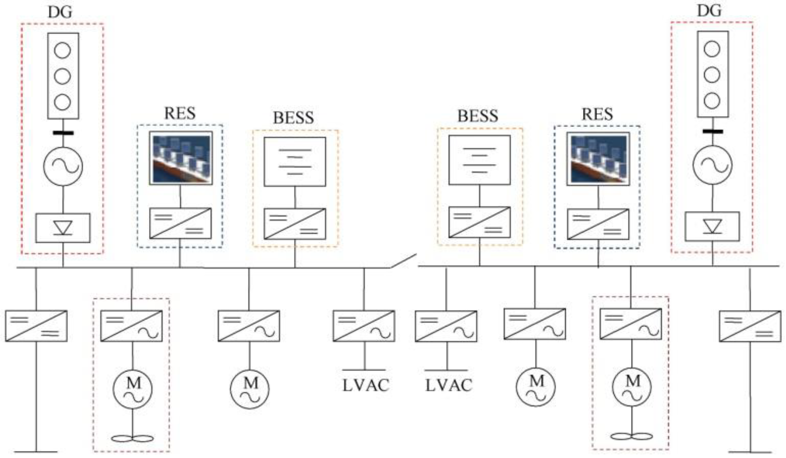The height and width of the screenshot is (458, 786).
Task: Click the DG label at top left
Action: coord(60,12)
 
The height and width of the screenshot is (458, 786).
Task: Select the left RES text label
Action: coord(180,113)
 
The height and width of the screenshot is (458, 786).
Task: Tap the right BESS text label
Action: coord(477,116)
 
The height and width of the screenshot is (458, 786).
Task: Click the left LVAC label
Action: coord(366,386)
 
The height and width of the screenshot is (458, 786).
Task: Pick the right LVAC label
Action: coord(449,386)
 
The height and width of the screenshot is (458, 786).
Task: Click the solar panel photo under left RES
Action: coord(181,158)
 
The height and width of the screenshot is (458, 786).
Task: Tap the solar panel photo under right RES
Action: coord(598,159)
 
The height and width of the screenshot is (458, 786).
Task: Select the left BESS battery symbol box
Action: coord(295,162)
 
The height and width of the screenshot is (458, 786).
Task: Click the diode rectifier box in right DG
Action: coord(712,226)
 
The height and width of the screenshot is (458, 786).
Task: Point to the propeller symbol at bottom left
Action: coord(133,439)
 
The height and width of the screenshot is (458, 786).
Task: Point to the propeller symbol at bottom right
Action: coord(632,436)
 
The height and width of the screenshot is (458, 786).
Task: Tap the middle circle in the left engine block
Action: coord(62,76)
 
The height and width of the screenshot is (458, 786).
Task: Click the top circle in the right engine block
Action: coord(712,49)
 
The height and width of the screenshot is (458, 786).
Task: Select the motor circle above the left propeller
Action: coord(133,389)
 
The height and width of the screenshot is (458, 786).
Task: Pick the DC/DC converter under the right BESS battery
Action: coord(479,222)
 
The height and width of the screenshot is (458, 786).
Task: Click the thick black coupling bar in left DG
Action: coord(63,133)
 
